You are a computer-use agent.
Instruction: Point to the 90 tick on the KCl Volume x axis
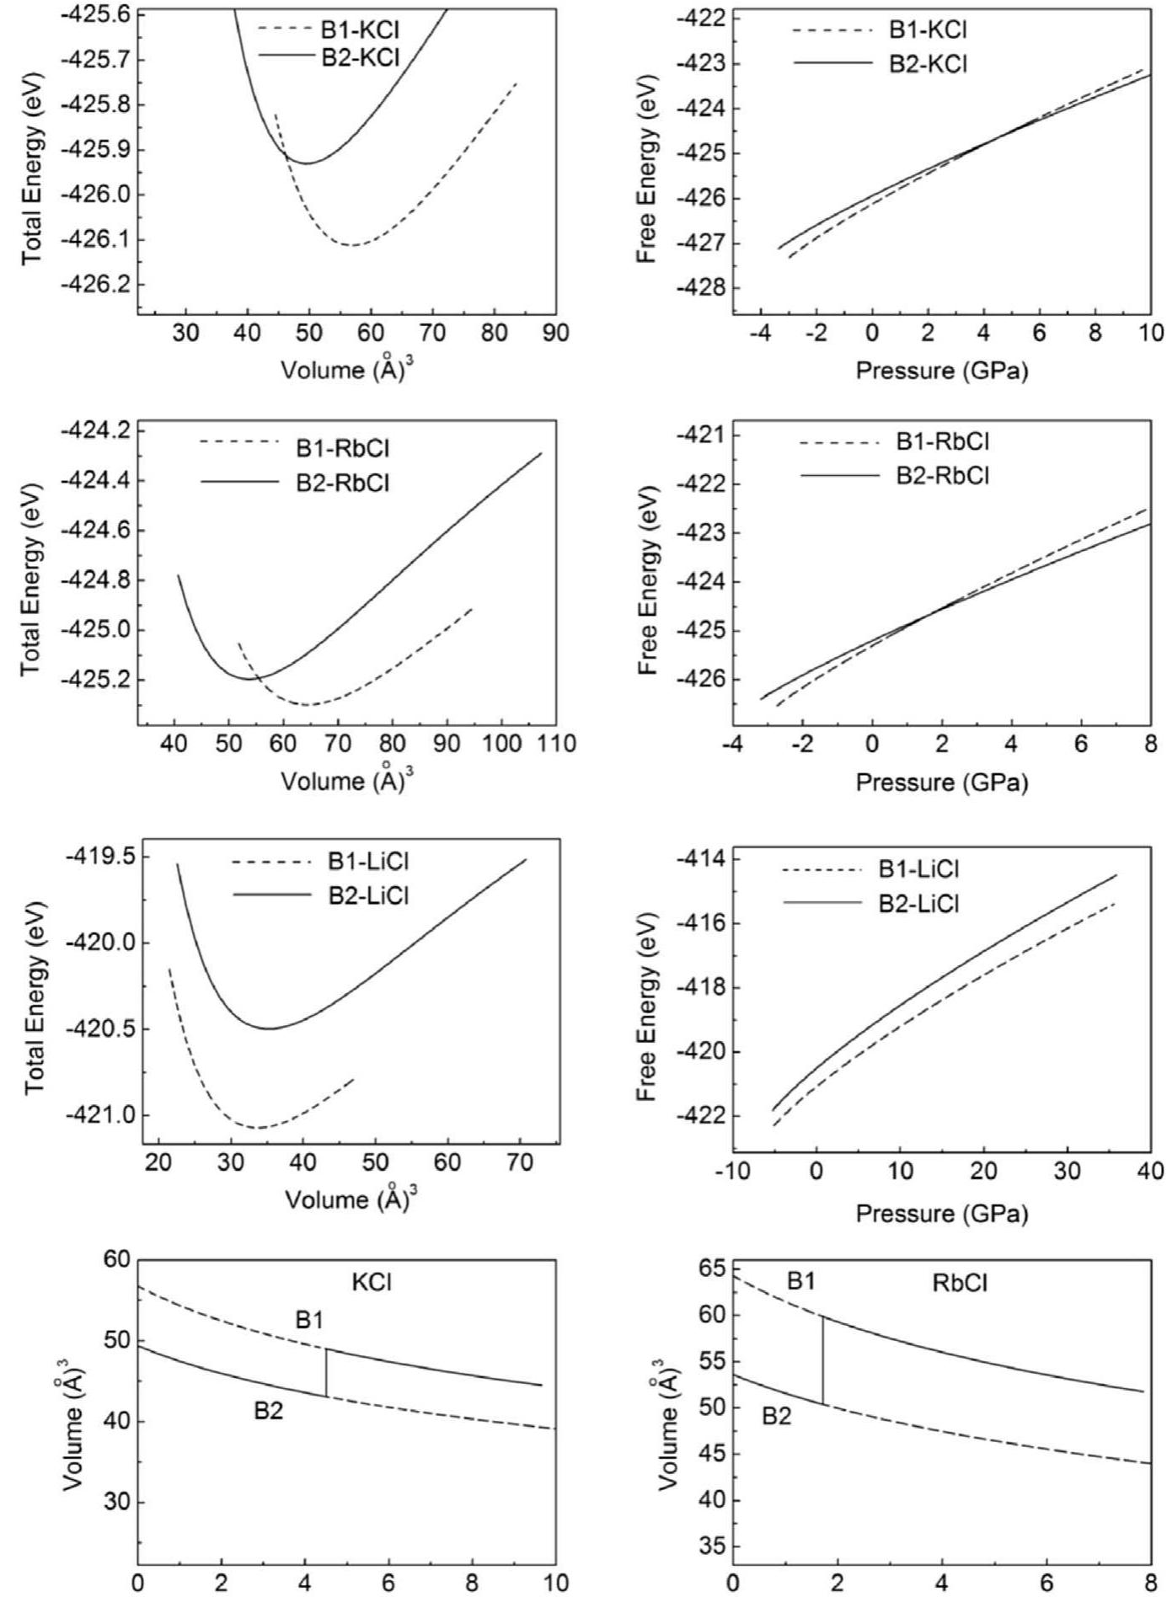(554, 334)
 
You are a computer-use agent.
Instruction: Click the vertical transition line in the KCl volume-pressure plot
(326, 1372)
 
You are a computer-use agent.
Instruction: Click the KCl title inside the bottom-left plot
(372, 1282)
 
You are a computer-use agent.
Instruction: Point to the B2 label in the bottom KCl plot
(269, 1411)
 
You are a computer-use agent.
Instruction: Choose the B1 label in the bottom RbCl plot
(801, 1281)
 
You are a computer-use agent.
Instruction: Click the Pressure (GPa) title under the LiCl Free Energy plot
(941, 1214)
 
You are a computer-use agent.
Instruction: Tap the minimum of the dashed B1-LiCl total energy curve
(259, 1127)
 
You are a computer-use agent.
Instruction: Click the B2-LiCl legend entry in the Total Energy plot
(368, 895)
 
